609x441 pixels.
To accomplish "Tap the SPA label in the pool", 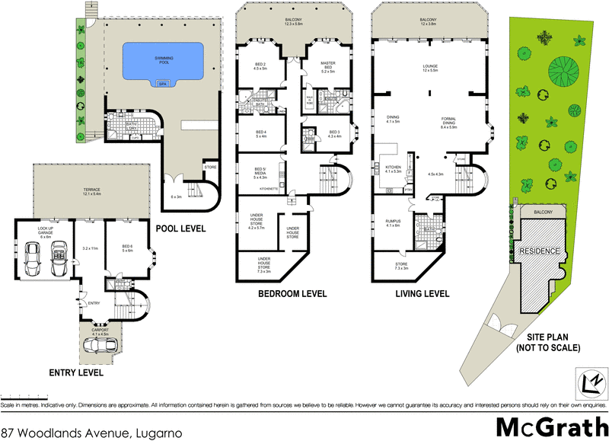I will [161, 85].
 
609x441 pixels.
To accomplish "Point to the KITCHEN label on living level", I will [393, 167].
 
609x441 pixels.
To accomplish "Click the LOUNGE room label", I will [430, 68].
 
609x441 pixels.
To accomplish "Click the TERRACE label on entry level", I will [81, 191].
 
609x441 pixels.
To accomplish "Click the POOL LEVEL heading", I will [180, 228].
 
